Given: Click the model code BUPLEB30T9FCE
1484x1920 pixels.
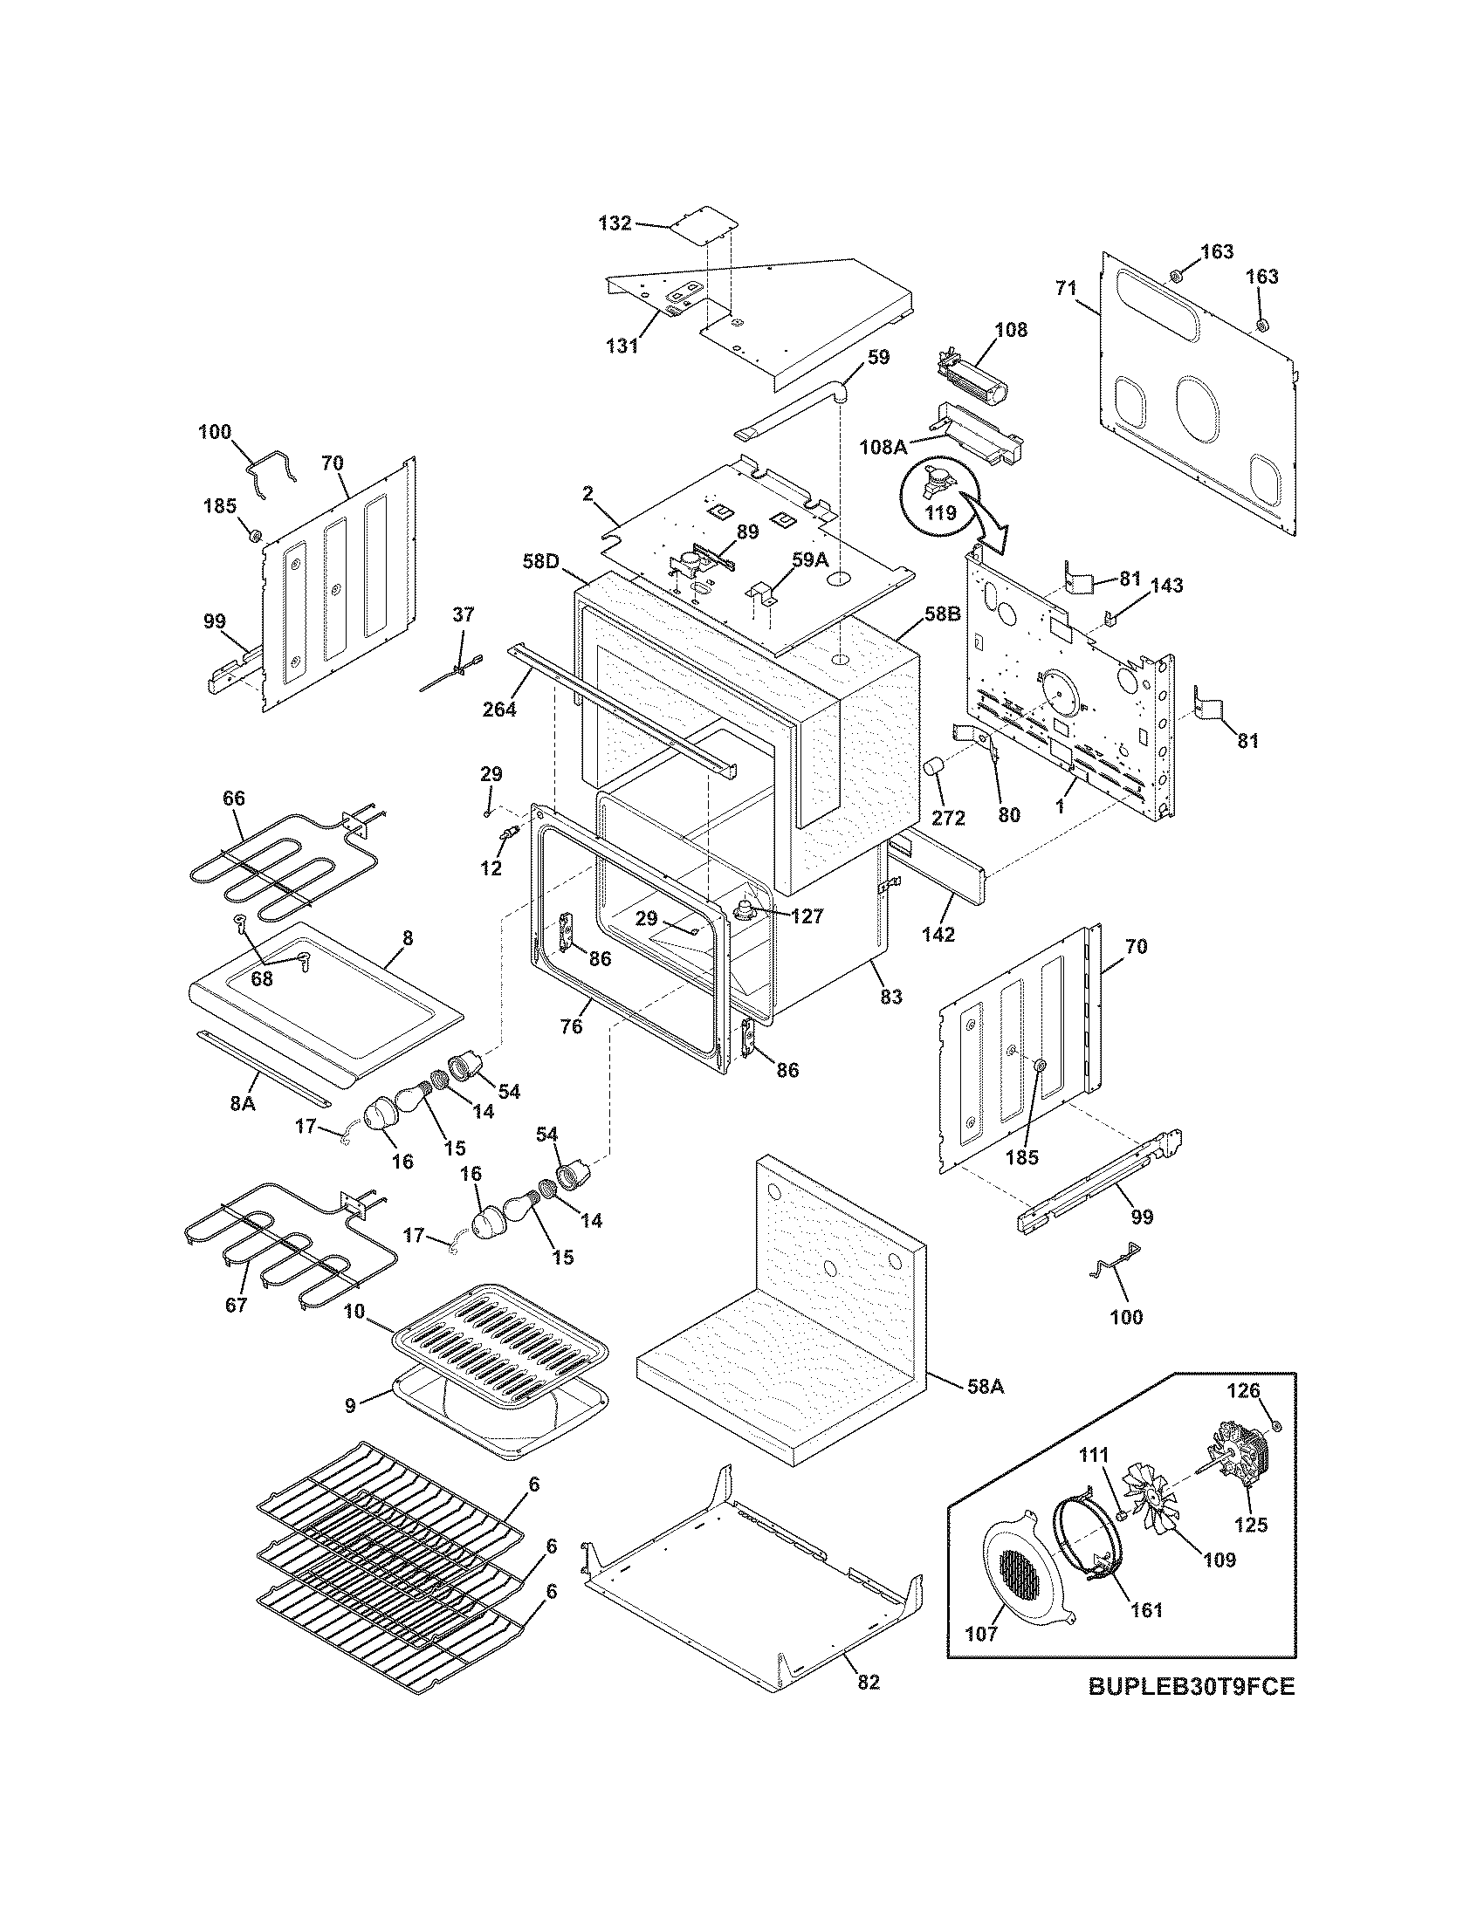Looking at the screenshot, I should click(1192, 1711).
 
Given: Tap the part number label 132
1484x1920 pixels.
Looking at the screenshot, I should click(615, 223).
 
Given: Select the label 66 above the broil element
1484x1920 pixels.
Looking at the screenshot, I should click(234, 799).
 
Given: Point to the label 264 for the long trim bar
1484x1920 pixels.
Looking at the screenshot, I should click(499, 708).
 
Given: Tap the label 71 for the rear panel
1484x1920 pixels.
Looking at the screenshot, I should click(1066, 288).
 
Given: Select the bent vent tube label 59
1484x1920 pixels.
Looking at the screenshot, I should click(878, 357).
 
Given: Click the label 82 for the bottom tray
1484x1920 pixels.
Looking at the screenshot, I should click(868, 1682).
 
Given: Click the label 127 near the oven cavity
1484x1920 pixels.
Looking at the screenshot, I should click(807, 916).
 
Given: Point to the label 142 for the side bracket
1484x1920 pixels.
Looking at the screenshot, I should click(938, 935).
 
